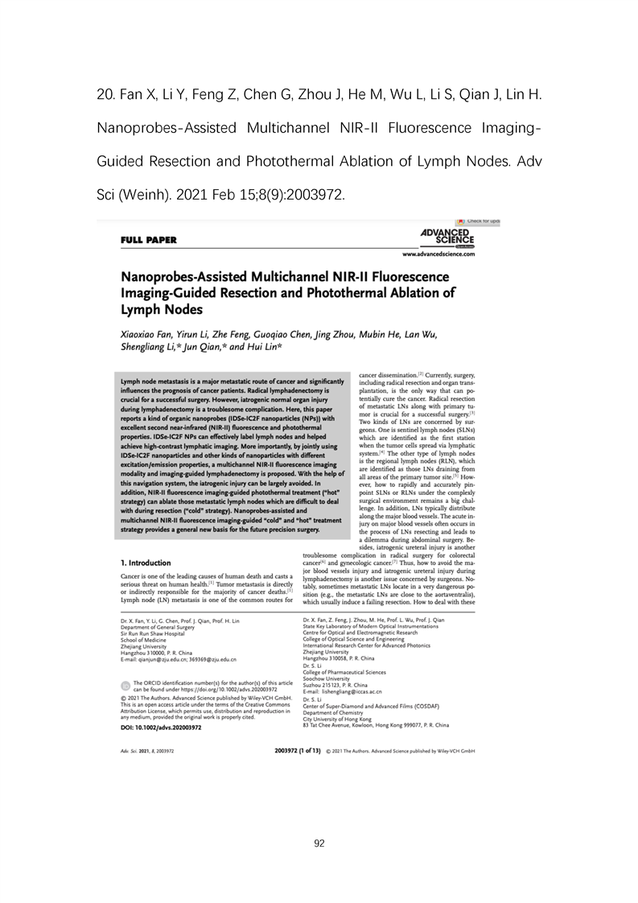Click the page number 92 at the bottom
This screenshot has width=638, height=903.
[319, 843]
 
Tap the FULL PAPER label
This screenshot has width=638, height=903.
[148, 239]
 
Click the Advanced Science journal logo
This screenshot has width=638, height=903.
[447, 236]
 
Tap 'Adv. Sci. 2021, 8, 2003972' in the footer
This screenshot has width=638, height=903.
[147, 751]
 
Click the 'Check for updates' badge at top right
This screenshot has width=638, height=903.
[478, 221]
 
